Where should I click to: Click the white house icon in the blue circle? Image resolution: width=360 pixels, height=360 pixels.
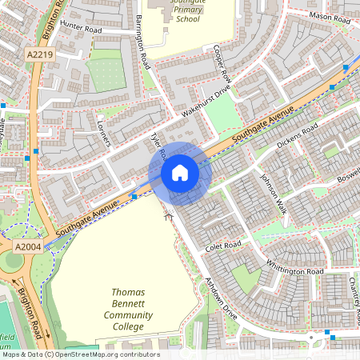click(x=180, y=172)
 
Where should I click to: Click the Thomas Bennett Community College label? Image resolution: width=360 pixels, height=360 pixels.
click(x=128, y=310)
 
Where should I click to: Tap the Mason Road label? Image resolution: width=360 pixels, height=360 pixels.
click(x=330, y=16)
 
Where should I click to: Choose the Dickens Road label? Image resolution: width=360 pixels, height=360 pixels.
click(x=297, y=137)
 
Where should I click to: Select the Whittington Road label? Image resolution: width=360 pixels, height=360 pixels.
click(x=295, y=270)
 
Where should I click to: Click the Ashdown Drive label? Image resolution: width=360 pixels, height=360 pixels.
click(x=222, y=299)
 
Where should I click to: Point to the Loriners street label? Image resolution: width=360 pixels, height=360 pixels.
click(x=102, y=134)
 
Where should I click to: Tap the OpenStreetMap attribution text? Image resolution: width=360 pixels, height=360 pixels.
click(x=80, y=354)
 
